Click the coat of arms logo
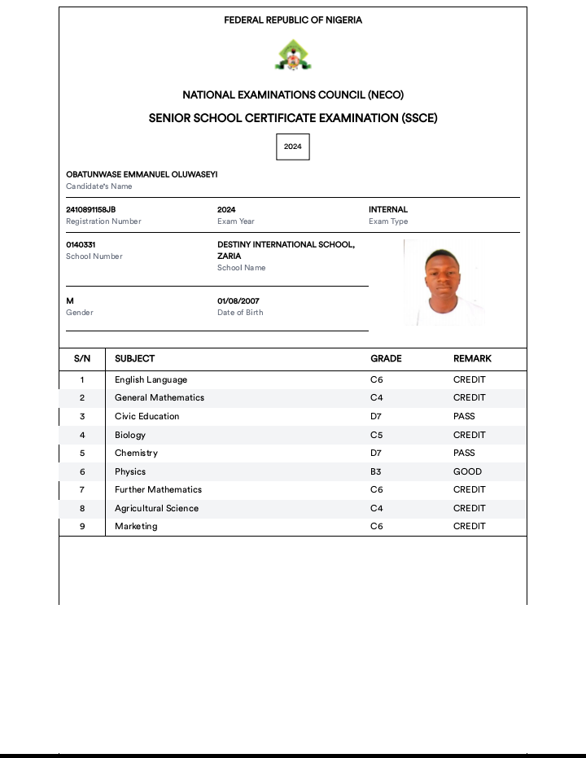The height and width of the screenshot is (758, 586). pos(293,55)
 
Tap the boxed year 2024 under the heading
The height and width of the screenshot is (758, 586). pos(293,147)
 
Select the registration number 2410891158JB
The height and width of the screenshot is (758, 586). pos(91,210)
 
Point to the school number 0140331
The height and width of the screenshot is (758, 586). pos(81,245)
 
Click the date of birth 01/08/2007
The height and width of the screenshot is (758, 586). pos(238,301)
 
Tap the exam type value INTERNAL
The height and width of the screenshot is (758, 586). pos(388,210)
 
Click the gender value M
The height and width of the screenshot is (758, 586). pos(70,301)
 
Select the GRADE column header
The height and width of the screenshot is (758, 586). pos(386,359)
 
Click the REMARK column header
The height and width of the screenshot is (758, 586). pos(472,359)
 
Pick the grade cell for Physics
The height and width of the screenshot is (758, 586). pos(376,471)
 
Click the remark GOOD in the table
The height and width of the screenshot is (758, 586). pos(467,471)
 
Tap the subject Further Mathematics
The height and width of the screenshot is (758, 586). pos(158,490)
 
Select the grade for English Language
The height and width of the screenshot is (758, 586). pos(376,380)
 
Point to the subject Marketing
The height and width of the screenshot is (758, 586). pos(136,527)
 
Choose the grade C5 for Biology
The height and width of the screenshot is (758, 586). pos(376,435)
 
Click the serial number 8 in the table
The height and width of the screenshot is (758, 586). pos(82,509)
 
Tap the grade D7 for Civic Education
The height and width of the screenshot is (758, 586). pos(376,417)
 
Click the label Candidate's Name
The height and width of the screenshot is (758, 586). pos(98,186)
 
